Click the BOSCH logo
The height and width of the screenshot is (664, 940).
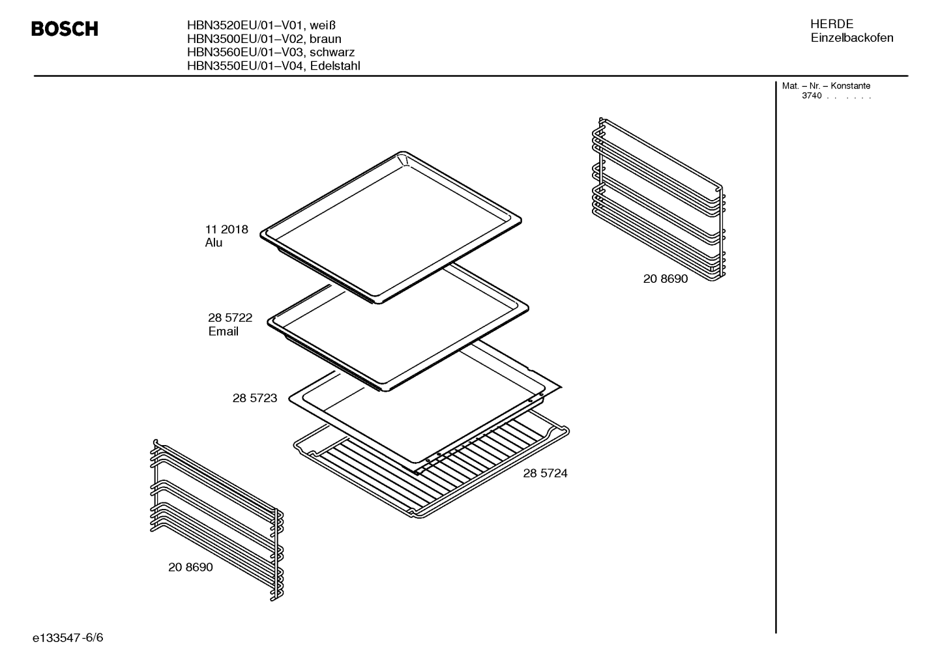[x=65, y=29]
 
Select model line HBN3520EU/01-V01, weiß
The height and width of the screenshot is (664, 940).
[x=261, y=25]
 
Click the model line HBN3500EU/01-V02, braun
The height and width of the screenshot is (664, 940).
[x=264, y=39]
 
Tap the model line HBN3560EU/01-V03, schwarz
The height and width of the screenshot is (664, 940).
[x=271, y=52]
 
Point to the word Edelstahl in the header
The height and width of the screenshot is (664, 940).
[x=335, y=66]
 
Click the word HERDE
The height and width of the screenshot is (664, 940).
[x=831, y=24]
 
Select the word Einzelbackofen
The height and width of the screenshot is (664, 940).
[x=851, y=38]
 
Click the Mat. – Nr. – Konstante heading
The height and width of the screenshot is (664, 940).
[x=826, y=85]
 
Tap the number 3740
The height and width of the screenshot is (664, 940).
[x=812, y=96]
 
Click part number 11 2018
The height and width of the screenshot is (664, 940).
[x=226, y=229]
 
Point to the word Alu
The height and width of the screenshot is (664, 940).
[x=214, y=243]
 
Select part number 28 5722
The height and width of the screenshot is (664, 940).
[x=230, y=318]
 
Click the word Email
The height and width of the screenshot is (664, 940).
[x=223, y=332]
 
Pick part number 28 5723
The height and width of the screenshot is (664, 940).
[x=255, y=398]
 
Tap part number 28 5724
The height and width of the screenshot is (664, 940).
[x=545, y=473]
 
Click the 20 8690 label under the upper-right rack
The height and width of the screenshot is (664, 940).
[x=666, y=279]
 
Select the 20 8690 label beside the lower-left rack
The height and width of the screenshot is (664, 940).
[x=190, y=567]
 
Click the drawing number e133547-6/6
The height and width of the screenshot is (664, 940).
[x=68, y=638]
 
